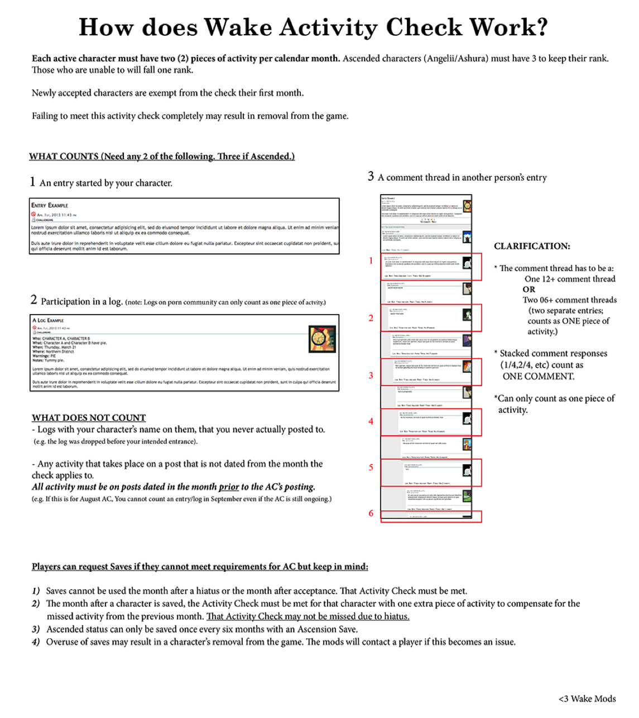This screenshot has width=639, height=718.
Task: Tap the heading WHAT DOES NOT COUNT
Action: click(x=89, y=417)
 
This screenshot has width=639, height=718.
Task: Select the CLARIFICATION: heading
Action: click(x=532, y=246)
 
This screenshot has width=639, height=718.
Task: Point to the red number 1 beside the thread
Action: click(x=371, y=261)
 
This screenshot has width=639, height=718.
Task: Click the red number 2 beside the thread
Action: click(x=371, y=318)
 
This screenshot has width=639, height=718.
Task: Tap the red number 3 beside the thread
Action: click(x=371, y=375)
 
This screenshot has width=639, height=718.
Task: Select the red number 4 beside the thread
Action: click(x=371, y=421)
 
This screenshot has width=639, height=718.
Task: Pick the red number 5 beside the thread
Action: click(x=371, y=468)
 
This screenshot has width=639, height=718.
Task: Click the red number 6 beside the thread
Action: click(x=371, y=513)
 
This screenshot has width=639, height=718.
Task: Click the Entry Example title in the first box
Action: click(x=50, y=205)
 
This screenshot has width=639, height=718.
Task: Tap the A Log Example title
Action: click(x=48, y=320)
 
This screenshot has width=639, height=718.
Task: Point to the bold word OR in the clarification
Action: click(x=529, y=290)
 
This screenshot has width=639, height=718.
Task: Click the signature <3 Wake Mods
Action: click(x=587, y=698)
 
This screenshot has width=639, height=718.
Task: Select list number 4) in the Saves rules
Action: click(x=36, y=642)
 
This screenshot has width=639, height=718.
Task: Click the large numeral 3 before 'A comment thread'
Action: click(x=371, y=176)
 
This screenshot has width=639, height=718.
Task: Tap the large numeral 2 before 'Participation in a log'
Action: click(x=34, y=300)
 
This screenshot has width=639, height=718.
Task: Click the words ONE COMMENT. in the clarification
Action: click(x=538, y=377)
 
